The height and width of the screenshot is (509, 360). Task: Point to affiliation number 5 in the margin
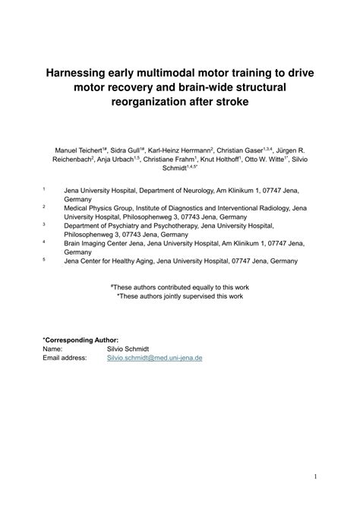43,259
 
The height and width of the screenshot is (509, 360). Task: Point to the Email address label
65,356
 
